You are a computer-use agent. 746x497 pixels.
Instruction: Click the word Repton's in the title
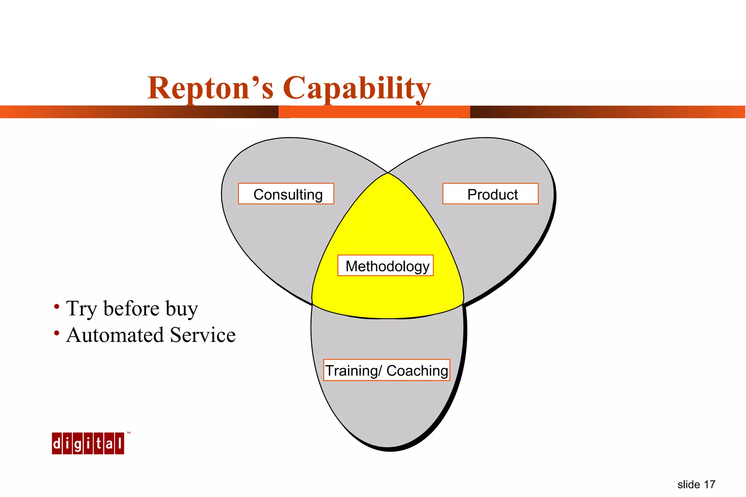pos(210,88)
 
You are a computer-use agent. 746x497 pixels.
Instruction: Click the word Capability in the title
pos(357,88)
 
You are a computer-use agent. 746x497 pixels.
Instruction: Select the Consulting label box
pos(286,194)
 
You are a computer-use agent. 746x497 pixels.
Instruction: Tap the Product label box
pos(490,194)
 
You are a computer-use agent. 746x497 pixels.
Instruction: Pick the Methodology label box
pos(385,266)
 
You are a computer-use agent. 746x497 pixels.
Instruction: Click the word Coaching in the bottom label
pos(417,371)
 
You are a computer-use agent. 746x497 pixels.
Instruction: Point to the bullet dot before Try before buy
pos(56,307)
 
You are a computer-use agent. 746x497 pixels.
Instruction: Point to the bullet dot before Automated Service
pos(56,333)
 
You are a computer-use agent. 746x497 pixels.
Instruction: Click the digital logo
pos(88,443)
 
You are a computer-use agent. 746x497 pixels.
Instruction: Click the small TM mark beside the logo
pos(129,433)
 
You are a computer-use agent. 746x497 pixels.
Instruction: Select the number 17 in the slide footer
pos(709,485)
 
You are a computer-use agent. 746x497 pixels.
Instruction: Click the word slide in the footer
pos(688,485)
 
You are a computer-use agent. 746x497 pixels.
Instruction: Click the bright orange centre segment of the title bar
pos(374,112)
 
